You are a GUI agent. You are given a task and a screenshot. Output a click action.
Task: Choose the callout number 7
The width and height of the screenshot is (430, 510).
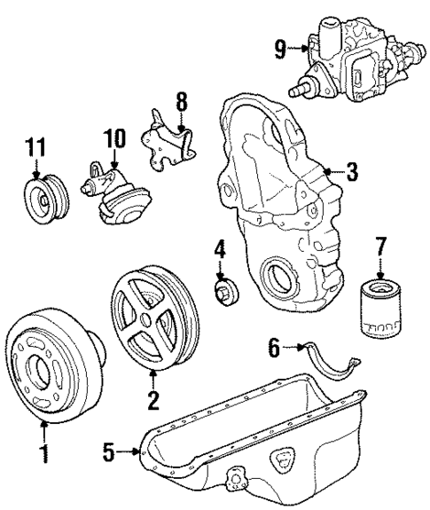click(x=382, y=242)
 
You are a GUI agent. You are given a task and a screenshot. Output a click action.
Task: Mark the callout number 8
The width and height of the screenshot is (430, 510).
click(x=183, y=102)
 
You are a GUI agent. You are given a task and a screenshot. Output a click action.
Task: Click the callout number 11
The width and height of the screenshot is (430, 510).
click(x=35, y=145)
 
